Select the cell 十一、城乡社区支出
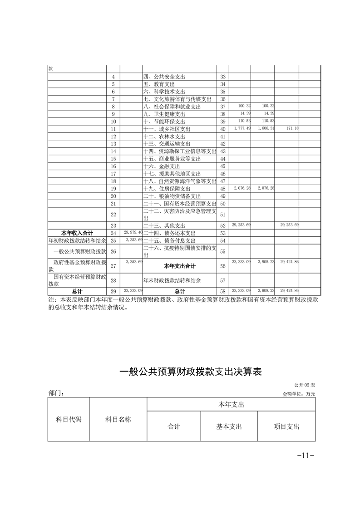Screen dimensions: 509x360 coord(166,129)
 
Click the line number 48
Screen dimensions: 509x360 coord(223,189)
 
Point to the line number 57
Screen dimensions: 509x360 coord(223,280)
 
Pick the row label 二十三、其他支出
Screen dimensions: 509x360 coord(164,225)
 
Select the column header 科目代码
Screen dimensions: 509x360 coord(69,420)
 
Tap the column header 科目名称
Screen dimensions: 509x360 coord(118,420)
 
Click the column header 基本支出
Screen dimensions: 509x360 coord(229,426)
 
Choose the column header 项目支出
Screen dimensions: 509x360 coord(286,426)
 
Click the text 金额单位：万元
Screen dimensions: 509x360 coord(299,394)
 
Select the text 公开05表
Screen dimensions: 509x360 coord(305,385)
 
